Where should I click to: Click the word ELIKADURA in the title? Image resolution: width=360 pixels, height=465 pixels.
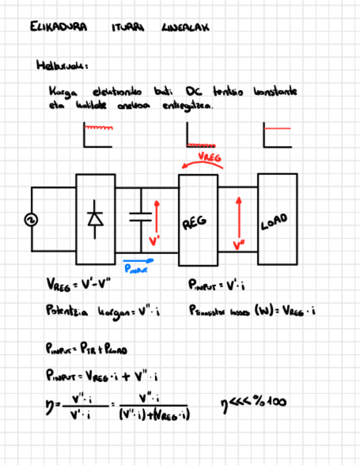coord(59,27)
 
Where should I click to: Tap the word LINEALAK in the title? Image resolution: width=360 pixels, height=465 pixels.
coord(185,27)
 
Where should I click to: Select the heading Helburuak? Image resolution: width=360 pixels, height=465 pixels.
coord(61,65)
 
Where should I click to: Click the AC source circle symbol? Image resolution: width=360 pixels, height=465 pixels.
coord(31,220)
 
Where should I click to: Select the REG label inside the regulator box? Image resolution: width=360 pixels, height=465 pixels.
coord(194,222)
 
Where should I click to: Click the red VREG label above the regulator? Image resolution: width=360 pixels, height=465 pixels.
coord(210,157)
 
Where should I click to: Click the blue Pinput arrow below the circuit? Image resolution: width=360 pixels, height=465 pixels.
coord(138,262)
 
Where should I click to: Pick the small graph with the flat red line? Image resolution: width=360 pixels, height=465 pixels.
coord(277,135)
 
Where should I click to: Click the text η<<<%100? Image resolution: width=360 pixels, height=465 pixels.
coord(251,402)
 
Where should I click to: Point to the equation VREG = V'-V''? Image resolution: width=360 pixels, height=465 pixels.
coord(80,285)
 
